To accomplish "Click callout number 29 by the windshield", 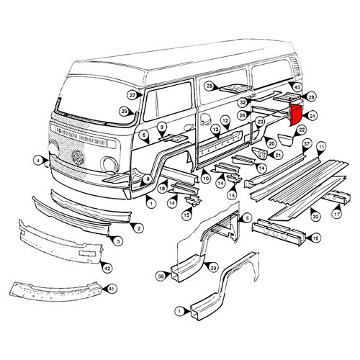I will (x=124, y=111).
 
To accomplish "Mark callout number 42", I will (x=107, y=268).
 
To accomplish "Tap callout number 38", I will (x=161, y=274).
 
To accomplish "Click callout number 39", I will (x=214, y=268).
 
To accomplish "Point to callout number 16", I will (x=315, y=237).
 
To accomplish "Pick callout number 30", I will (x=315, y=215).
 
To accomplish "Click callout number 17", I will (x=336, y=214).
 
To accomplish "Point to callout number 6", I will (x=144, y=135).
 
